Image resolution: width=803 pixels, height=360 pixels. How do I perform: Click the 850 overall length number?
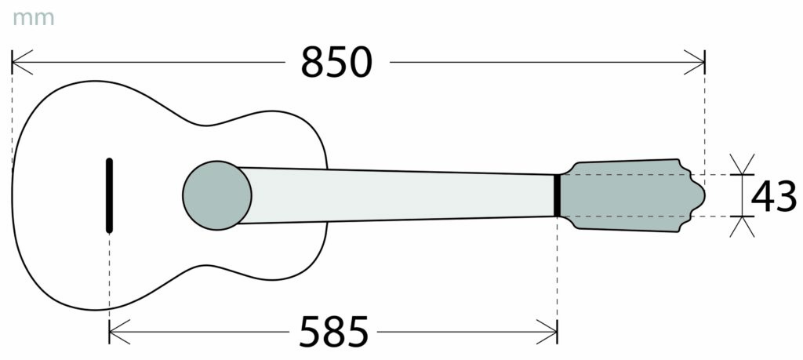[336, 62]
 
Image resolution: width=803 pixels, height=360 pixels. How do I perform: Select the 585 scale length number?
[334, 331]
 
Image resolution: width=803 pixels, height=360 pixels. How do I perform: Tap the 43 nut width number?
[774, 196]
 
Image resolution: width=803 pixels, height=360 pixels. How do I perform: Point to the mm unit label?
[33, 19]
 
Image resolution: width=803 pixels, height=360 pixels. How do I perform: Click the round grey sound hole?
[217, 195]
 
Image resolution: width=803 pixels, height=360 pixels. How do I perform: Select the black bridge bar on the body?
[109, 195]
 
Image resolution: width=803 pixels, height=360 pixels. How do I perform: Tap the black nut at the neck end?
[558, 195]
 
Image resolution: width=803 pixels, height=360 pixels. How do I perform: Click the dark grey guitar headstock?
[633, 195]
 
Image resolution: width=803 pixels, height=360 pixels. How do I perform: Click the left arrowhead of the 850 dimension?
[21, 62]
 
